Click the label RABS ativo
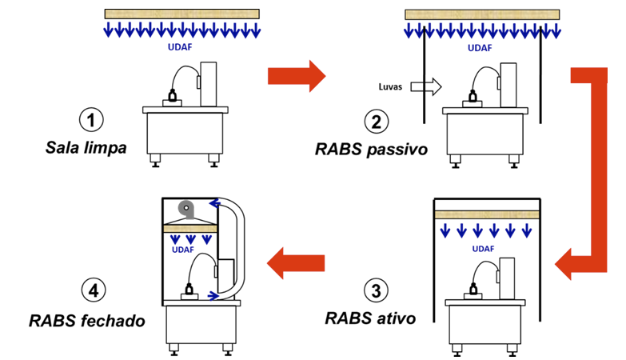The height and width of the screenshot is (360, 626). pyautogui.click(x=370, y=318)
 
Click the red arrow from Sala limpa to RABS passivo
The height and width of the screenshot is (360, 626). pyautogui.click(x=296, y=76)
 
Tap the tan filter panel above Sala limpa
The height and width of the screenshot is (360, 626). pyautogui.click(x=181, y=14)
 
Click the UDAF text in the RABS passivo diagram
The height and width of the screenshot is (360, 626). pyautogui.click(x=480, y=47)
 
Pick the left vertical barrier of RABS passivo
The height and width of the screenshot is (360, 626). pyautogui.click(x=424, y=80)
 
